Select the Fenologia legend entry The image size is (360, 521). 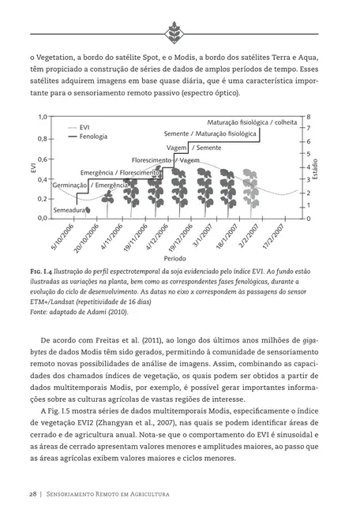coord(93,136)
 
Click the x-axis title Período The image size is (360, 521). coord(175,258)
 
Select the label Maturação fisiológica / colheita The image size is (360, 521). coord(252,123)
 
